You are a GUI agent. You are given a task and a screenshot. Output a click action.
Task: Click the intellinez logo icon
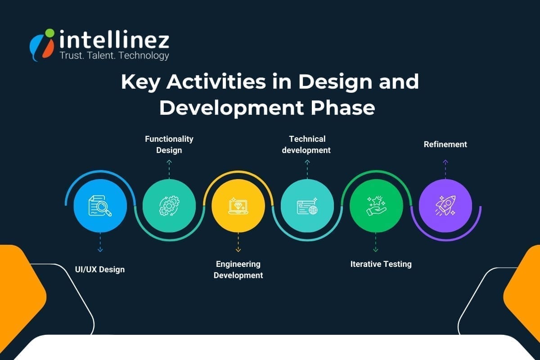click(x=42, y=44)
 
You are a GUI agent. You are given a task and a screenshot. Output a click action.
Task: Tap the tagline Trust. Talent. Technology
click(x=114, y=56)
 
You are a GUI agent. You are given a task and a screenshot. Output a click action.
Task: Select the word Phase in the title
click(x=346, y=108)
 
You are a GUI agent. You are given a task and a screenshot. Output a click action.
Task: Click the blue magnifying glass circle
click(x=100, y=206)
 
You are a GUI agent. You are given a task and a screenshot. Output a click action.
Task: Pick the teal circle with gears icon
click(x=169, y=206)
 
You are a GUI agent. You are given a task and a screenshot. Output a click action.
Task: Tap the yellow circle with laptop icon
click(x=238, y=206)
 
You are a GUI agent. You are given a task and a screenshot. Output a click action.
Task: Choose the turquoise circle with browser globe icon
click(x=307, y=206)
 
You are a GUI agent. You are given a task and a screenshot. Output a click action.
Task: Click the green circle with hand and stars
click(x=376, y=206)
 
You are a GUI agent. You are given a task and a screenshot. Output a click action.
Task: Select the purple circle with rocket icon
click(x=445, y=206)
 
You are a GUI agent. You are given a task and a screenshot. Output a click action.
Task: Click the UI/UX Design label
click(x=100, y=270)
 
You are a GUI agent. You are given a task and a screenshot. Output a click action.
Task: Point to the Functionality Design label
click(x=169, y=144)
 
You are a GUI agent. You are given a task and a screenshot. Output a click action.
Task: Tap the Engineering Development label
click(x=238, y=270)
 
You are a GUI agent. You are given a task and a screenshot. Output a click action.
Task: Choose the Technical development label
click(x=306, y=144)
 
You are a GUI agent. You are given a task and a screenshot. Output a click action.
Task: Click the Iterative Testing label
click(x=381, y=264)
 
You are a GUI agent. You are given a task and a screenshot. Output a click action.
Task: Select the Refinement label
click(x=445, y=144)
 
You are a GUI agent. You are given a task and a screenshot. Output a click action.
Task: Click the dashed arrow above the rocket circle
click(x=445, y=168)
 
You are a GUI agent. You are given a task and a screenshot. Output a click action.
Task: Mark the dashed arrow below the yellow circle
click(x=238, y=243)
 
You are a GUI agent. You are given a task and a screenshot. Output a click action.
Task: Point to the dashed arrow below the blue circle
click(x=100, y=243)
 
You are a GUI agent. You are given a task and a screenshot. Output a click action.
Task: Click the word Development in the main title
click(x=229, y=108)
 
